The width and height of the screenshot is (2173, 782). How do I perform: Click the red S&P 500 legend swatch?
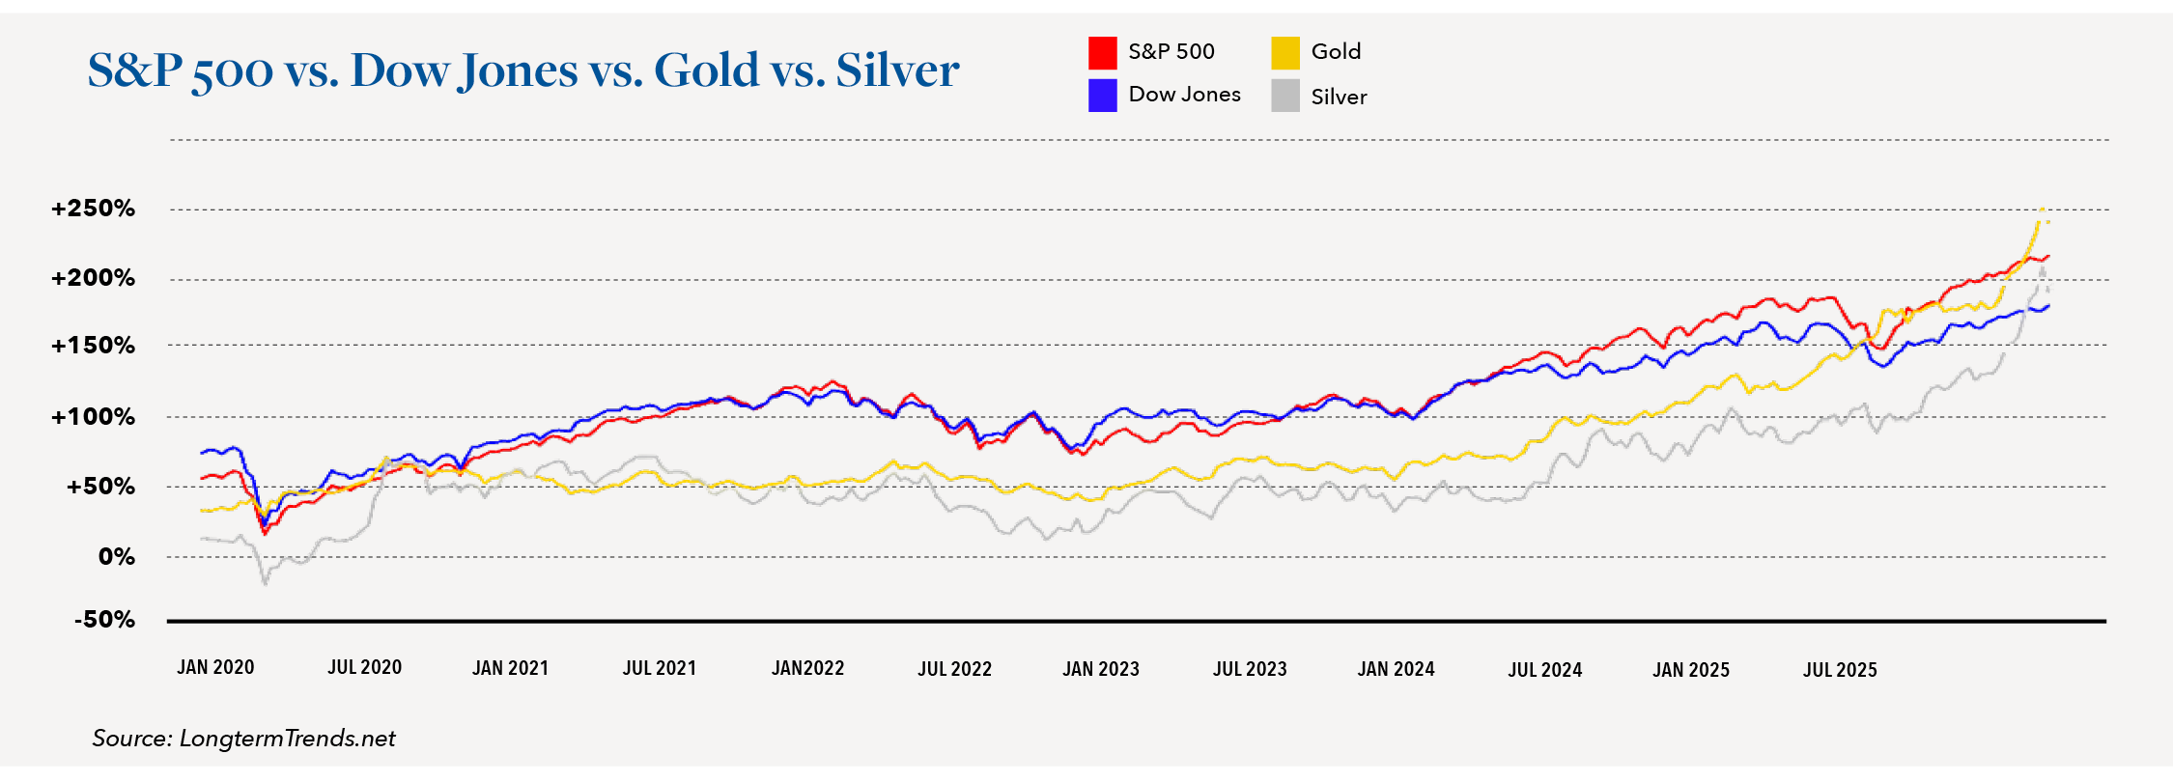tap(1102, 52)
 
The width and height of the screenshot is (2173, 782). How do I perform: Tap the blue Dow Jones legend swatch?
tap(1102, 96)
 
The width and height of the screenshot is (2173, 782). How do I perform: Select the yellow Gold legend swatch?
tap(1284, 52)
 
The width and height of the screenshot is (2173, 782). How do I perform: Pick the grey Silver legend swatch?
tap(1284, 96)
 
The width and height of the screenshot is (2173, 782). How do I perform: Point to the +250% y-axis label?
tap(93, 209)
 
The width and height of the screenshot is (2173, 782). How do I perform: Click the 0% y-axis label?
tap(116, 557)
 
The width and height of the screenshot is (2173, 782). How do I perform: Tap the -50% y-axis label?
tap(104, 620)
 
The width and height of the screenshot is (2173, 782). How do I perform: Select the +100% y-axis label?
tap(93, 417)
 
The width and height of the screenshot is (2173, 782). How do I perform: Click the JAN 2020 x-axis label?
tap(215, 667)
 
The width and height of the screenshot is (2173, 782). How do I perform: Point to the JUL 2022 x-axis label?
tap(954, 669)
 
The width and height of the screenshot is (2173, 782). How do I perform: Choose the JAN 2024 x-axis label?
tap(1396, 669)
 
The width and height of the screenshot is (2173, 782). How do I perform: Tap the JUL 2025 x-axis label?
tap(1840, 669)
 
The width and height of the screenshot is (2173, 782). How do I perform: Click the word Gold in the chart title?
tap(706, 70)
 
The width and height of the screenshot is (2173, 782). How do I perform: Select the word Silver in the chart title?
tap(897, 70)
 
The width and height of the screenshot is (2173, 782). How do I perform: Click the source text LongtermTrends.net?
tap(287, 739)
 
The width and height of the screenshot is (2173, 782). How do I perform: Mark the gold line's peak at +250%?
tap(2042, 209)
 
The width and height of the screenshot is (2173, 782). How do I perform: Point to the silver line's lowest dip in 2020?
tap(265, 582)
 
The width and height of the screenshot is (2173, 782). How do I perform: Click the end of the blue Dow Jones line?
tap(2048, 306)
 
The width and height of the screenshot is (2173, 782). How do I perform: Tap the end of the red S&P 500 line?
tap(2048, 256)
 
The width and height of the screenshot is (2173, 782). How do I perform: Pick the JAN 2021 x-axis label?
tap(510, 668)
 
